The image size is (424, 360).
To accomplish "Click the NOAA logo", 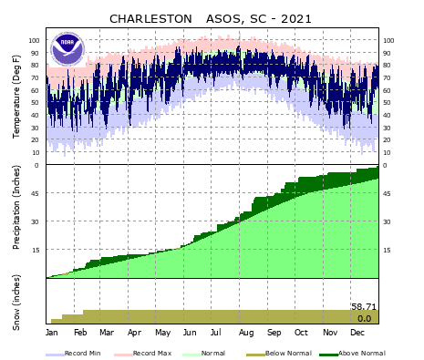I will coord(67,48).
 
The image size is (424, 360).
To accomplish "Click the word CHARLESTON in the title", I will coord(150,18).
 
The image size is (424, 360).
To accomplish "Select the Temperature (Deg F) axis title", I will coord(16,96).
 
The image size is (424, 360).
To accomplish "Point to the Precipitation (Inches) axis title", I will coord(16,221).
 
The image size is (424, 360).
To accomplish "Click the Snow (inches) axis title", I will coord(16,301).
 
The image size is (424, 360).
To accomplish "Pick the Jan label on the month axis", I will coord(52,334).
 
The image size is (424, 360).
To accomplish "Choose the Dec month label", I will coord(357,334).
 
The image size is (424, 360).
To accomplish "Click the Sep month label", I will coord(274,334).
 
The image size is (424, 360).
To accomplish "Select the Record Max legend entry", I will coord(146,353).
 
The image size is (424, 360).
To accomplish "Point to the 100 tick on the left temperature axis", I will coord(36,40).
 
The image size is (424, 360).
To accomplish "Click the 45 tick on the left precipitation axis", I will coord(37,193).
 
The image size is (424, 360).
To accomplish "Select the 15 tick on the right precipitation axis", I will coord(386,250).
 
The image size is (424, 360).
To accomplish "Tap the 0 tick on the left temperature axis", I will coord(38,165).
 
